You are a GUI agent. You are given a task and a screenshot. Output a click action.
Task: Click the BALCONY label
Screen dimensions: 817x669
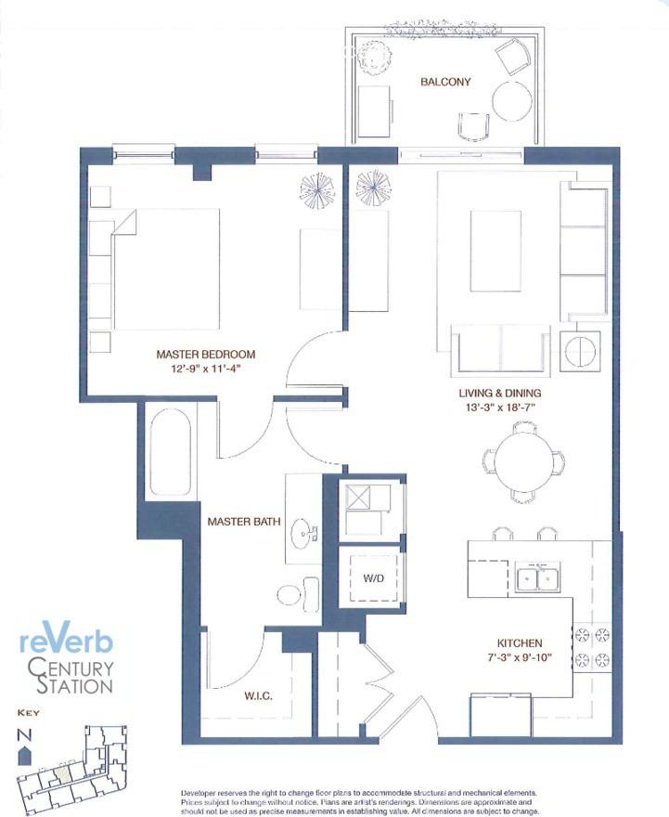pyautogui.click(x=445, y=82)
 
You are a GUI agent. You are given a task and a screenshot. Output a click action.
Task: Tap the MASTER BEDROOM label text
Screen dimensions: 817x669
pyautogui.click(x=205, y=354)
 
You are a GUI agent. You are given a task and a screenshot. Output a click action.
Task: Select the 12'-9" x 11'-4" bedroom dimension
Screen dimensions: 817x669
pyautogui.click(x=205, y=369)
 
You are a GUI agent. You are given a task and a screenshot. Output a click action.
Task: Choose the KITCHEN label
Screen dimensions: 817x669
pyautogui.click(x=519, y=642)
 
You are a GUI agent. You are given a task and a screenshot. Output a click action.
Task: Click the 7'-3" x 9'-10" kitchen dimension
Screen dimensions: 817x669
pyautogui.click(x=519, y=658)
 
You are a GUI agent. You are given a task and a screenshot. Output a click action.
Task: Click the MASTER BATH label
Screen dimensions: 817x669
pyautogui.click(x=244, y=522)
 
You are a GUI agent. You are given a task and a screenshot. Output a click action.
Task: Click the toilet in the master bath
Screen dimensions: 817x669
pyautogui.click(x=300, y=591)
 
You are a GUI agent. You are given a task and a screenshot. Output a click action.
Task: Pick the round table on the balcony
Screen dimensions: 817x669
pyautogui.click(x=510, y=101)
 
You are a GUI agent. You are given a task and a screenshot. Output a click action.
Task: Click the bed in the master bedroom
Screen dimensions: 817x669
pyautogui.click(x=167, y=268)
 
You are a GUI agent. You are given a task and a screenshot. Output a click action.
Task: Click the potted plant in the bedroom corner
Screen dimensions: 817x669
pyautogui.click(x=316, y=189)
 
